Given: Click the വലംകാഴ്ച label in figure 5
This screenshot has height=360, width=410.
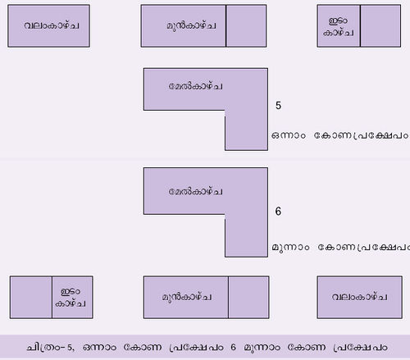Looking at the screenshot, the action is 52,25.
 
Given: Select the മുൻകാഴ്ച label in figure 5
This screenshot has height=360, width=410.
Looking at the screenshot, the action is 191,25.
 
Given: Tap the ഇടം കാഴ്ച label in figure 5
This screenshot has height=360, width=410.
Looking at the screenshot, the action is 339,26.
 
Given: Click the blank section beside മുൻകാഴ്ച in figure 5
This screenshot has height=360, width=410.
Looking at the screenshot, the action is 246,25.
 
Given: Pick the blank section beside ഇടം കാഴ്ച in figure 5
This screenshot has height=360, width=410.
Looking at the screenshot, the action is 380,25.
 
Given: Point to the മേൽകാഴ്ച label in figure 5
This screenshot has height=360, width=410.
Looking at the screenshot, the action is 195,86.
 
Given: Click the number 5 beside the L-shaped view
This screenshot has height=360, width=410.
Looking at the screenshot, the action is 278,105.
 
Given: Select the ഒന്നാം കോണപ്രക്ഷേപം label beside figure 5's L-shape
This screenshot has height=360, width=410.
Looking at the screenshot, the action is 340,135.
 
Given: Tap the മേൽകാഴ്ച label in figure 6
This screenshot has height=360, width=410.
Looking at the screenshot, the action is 195,191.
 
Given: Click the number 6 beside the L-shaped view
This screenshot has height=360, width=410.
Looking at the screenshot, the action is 278,211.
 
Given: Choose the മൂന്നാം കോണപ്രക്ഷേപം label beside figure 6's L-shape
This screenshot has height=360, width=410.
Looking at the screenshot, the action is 341,247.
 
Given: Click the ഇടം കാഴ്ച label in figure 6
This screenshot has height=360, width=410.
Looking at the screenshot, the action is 71,298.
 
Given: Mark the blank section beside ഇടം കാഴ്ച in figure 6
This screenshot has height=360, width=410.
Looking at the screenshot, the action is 31,297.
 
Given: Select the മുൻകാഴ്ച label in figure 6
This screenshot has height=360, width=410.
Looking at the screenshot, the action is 187,297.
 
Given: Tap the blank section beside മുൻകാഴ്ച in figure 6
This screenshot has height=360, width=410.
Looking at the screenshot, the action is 248,297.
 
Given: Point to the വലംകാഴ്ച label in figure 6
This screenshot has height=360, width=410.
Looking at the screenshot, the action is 359,297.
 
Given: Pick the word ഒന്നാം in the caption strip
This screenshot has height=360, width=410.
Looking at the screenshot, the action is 99,348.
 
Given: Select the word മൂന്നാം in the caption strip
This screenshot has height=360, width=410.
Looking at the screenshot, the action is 262,348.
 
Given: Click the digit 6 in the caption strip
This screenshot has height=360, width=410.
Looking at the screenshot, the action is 233,347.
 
